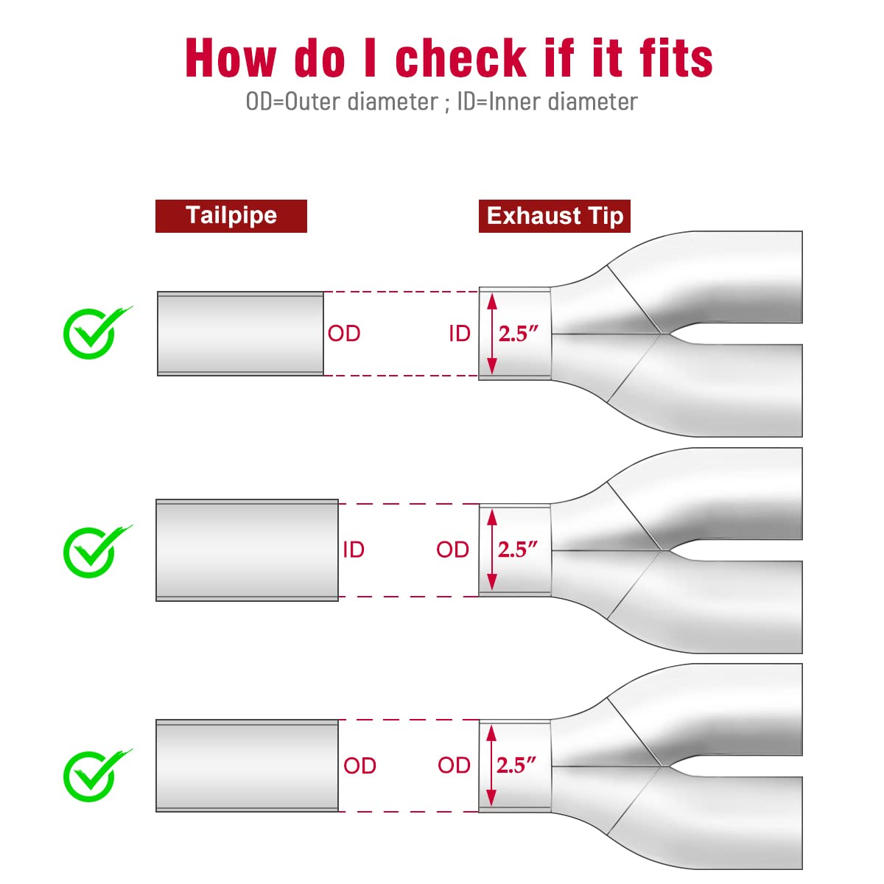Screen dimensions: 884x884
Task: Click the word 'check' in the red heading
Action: click(460, 57)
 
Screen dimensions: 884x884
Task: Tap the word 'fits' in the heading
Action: click(676, 57)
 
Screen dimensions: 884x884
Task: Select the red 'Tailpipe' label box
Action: click(231, 216)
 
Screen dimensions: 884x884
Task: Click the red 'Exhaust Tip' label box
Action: click(555, 216)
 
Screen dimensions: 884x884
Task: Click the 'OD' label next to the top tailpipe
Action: click(344, 334)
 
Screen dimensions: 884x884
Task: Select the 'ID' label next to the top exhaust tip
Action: click(460, 334)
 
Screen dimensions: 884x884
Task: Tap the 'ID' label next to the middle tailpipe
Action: click(354, 550)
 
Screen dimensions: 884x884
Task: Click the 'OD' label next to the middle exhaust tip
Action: click(453, 550)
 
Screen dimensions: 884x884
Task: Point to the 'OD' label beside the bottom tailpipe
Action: click(360, 765)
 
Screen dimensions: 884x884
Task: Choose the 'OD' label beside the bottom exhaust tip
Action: click(455, 765)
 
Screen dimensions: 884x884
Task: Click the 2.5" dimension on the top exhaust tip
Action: click(519, 334)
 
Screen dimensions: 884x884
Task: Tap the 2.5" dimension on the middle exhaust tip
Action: click(518, 550)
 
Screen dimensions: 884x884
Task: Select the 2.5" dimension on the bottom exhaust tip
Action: click(516, 765)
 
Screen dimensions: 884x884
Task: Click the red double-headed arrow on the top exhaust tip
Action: click(492, 334)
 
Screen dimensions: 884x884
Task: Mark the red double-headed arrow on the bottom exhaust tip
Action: click(491, 766)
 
